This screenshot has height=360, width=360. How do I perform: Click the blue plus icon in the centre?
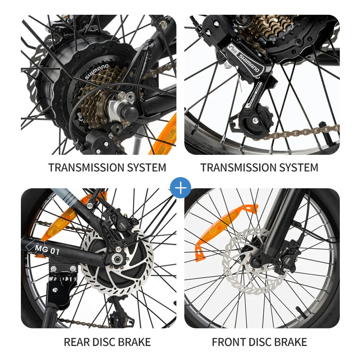180,188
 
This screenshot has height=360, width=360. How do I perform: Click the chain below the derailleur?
302,132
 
